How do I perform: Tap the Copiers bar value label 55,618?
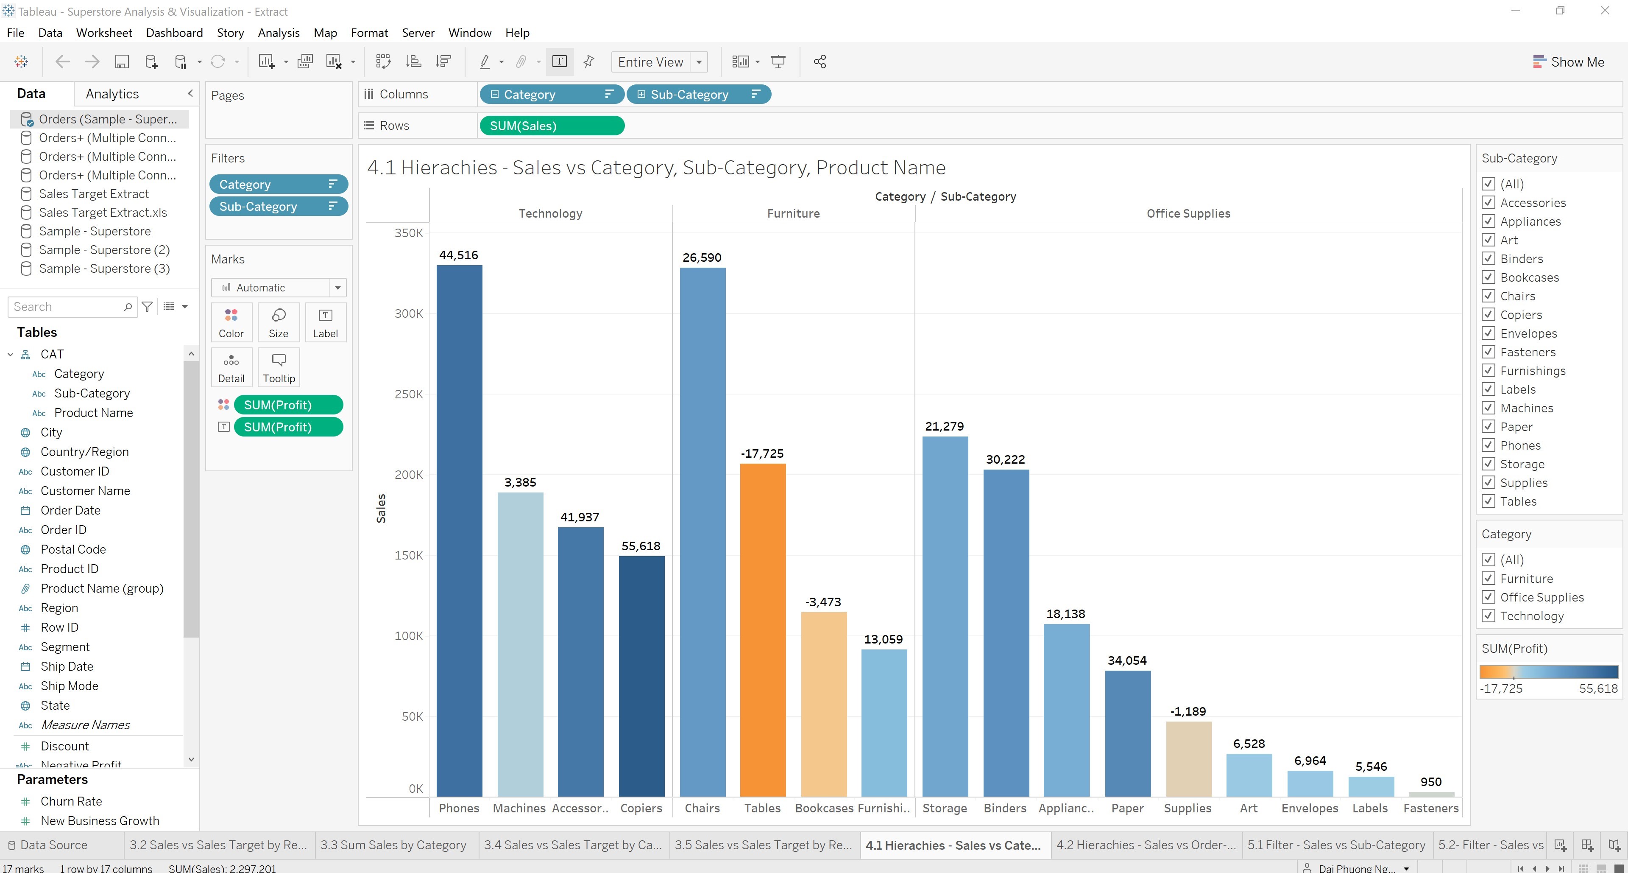641,546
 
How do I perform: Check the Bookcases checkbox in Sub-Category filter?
1489,277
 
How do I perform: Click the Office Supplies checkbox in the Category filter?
1489,597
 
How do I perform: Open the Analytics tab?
112,94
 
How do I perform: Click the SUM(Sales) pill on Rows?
551,126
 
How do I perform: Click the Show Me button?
1569,62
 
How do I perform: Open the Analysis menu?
278,33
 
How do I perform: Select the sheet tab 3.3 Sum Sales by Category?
393,845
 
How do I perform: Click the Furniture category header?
793,214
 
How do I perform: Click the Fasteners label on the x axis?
1431,808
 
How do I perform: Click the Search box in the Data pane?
67,307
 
